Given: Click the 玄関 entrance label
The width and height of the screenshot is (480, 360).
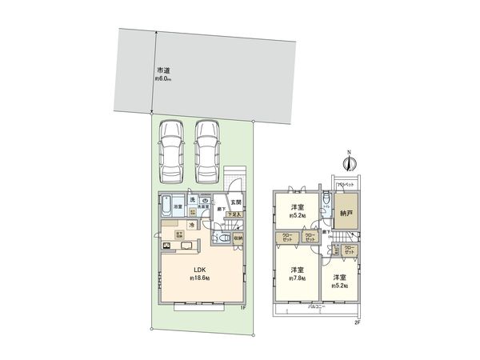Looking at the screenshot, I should [x=237, y=202].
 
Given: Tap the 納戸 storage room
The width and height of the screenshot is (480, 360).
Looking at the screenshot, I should [x=346, y=214].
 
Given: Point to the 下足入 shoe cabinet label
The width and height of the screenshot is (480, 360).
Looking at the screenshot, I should [x=237, y=214].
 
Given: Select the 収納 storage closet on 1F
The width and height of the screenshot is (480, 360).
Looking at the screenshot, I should [x=238, y=237].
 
